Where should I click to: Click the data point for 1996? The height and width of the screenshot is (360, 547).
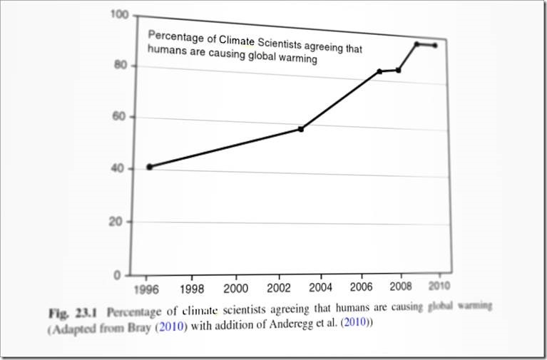click(149, 167)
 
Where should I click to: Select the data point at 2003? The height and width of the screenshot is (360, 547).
click(301, 129)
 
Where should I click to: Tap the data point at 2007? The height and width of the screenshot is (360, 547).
click(379, 71)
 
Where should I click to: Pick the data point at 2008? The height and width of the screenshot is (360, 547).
click(399, 70)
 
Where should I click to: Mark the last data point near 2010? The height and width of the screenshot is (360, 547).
click(435, 46)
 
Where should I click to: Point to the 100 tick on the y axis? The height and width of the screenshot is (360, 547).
click(119, 15)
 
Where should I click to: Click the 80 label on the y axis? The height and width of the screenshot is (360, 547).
click(119, 66)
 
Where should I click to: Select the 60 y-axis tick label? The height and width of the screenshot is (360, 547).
click(118, 117)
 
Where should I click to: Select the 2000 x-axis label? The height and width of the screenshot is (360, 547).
click(235, 288)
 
